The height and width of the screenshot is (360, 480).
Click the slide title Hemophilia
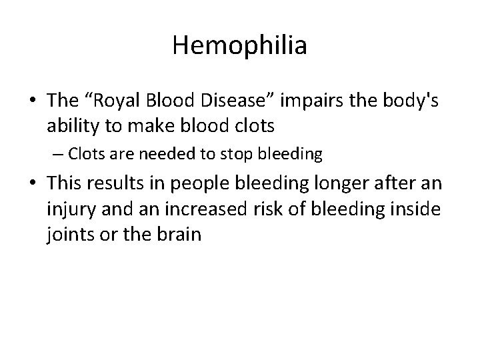[239, 46]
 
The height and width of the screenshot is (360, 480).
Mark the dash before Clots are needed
[58, 155]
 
